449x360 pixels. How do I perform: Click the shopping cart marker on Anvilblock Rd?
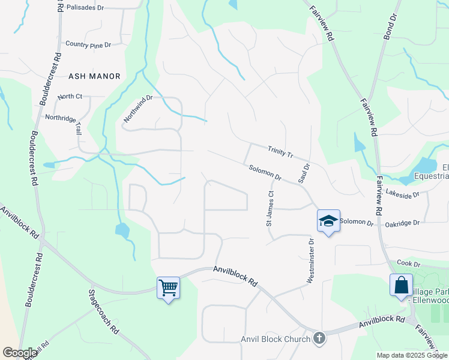(168, 288)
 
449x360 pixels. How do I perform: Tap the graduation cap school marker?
(328, 221)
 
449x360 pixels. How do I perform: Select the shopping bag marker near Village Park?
(400, 286)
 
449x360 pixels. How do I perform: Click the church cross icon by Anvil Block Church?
(319, 338)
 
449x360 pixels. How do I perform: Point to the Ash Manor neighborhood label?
(95, 76)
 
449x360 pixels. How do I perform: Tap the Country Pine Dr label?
(88, 44)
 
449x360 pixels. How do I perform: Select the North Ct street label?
(70, 97)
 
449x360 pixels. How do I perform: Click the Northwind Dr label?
(138, 109)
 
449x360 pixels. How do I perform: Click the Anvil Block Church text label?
(275, 339)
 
